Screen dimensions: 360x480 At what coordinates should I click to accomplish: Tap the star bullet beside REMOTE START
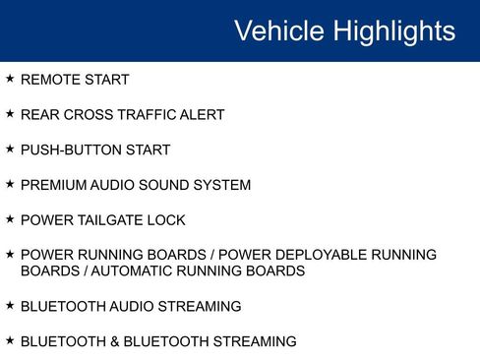tap(10, 79)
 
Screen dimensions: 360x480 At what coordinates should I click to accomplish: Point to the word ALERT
tap(202, 115)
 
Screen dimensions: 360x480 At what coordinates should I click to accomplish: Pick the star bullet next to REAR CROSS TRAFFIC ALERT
tap(10, 114)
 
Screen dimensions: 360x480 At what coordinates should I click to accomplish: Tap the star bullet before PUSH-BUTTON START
tap(10, 149)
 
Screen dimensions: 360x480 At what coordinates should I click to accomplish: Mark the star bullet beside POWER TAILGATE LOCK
tap(10, 219)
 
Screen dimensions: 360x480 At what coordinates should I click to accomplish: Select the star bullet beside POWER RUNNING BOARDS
tap(10, 254)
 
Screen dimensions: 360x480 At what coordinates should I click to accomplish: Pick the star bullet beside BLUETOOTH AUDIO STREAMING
tap(10, 306)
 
